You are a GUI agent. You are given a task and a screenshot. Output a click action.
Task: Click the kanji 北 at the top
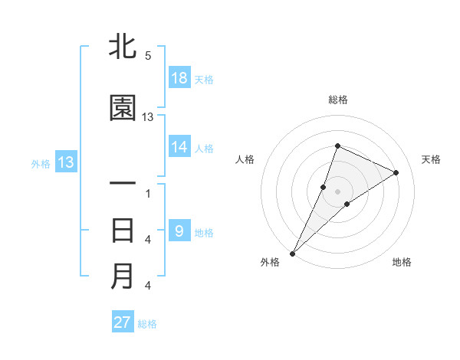coord(123,47)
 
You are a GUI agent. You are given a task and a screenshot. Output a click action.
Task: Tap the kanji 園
coord(123,109)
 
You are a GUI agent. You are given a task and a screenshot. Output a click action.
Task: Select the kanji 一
coord(123,184)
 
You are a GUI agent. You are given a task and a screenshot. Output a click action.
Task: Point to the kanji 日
coord(123,231)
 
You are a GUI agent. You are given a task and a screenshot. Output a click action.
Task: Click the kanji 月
coord(123,277)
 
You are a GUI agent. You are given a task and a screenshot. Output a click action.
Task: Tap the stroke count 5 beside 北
coord(147,56)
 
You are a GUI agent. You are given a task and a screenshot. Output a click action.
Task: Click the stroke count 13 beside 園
coord(148,117)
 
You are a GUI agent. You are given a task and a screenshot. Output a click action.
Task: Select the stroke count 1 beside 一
coord(147,193)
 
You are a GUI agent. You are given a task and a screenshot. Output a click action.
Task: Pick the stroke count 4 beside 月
coord(147,286)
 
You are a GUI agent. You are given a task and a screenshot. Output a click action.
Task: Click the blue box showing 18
coord(179,78)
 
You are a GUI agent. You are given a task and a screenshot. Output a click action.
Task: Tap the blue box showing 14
coord(179,148)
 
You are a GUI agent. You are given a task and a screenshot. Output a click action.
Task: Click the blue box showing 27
coord(123,322)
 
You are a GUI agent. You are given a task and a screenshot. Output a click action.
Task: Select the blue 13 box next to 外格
coord(65,162)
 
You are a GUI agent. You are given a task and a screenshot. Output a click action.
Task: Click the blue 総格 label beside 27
coord(147,323)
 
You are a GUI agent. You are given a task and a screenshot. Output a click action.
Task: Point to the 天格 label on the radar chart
coord(431,159)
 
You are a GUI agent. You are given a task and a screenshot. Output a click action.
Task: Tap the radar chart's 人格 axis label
coord(245,159)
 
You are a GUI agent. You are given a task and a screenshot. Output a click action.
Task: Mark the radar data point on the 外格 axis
coord(293,253)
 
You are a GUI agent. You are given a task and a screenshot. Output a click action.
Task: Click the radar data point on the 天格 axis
coord(396,172)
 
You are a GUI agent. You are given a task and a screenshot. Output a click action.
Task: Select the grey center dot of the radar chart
coord(337,191)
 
